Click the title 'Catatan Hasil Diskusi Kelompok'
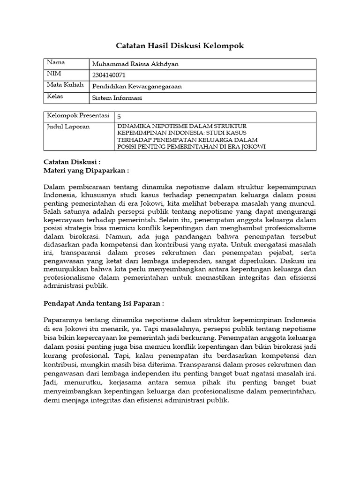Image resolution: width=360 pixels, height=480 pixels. [x=180, y=45]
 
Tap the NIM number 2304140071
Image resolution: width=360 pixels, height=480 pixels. [x=109, y=75]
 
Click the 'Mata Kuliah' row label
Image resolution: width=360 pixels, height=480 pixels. [x=65, y=85]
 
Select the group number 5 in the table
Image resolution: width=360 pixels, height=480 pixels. [x=119, y=116]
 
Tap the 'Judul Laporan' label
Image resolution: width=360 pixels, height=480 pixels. [x=68, y=127]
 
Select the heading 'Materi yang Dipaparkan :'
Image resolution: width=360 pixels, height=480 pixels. [x=86, y=171]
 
